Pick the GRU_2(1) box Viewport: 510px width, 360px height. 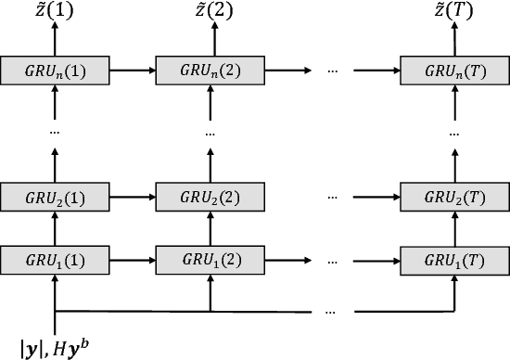[56, 197]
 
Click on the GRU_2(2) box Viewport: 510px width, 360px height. [210, 197]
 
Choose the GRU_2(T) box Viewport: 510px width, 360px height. [454, 197]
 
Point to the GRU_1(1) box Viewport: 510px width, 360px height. [56, 259]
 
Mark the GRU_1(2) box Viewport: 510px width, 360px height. [210, 259]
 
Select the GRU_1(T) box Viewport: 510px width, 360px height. [454, 259]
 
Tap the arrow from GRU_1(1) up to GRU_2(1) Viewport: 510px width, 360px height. [56, 228]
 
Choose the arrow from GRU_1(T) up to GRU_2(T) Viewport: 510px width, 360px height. [454, 228]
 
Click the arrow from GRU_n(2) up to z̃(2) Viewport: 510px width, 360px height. [210, 40]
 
